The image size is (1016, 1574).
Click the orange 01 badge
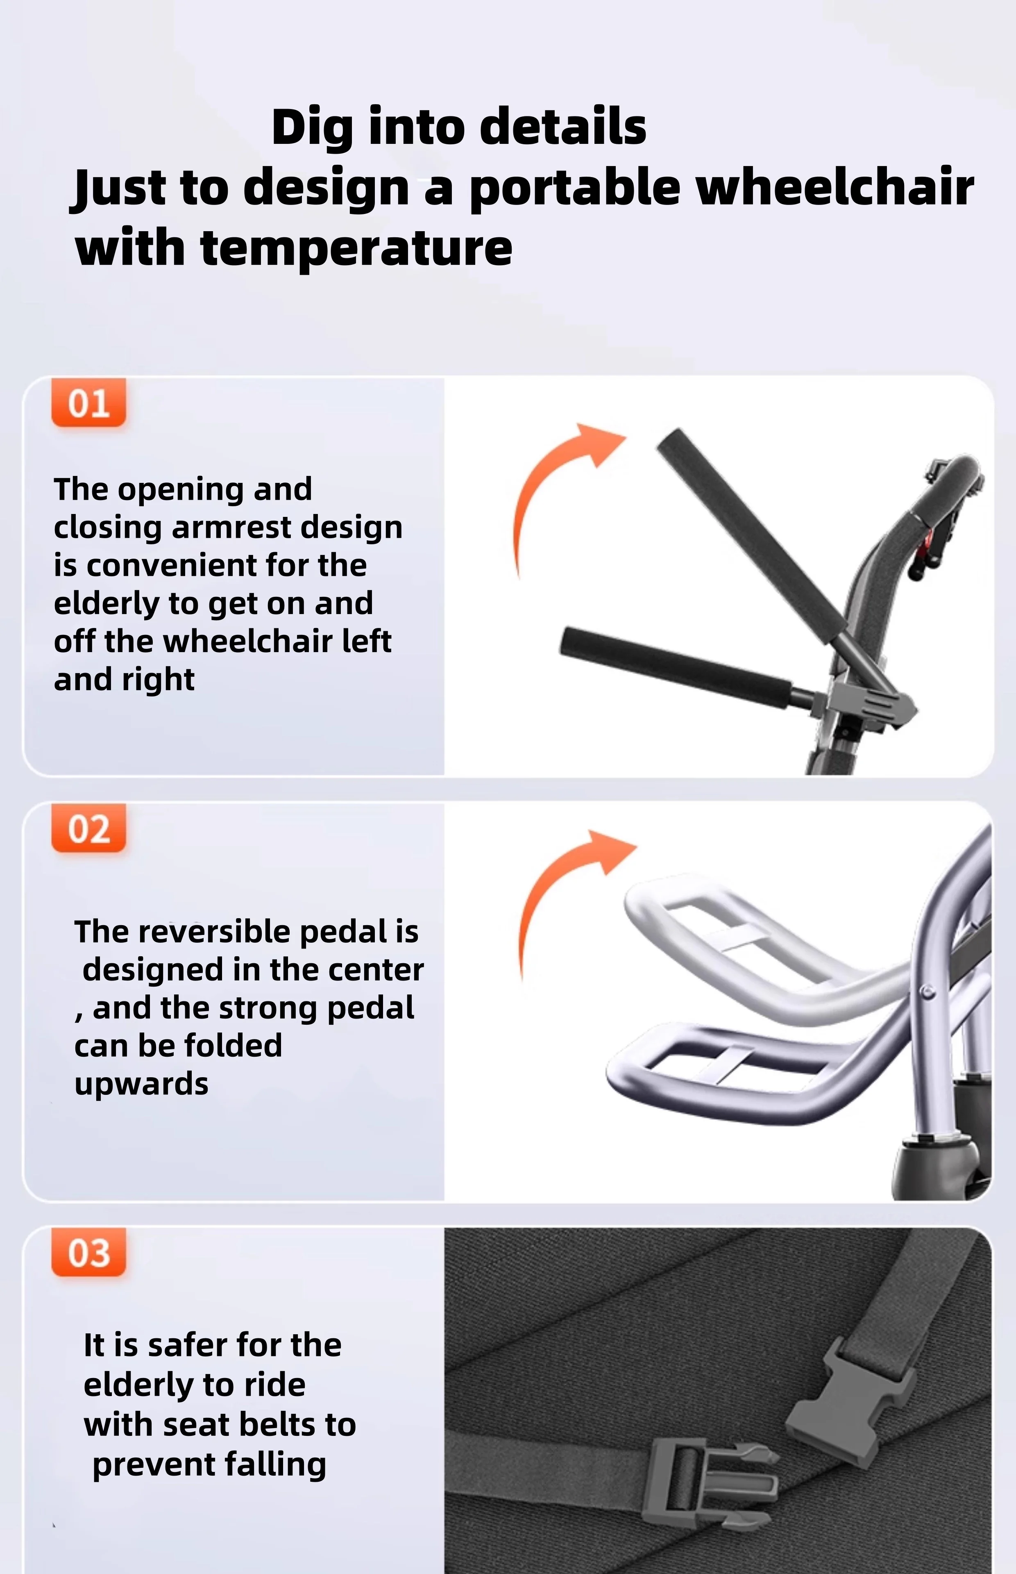point(88,403)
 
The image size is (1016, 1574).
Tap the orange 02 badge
point(88,829)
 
